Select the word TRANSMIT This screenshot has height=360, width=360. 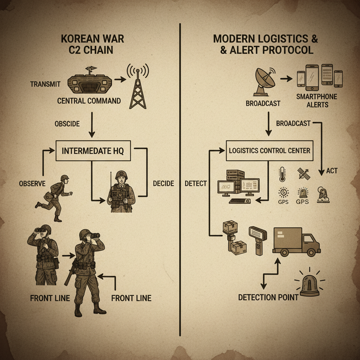point(45,84)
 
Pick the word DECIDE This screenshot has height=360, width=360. point(163,183)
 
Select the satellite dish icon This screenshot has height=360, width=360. point(264,82)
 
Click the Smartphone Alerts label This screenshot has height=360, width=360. point(317,100)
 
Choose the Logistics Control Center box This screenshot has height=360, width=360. point(270,150)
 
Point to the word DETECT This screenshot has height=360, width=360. point(196,183)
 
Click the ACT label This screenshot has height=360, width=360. point(332,171)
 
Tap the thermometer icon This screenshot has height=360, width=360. point(282,174)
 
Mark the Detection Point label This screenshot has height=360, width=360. point(268,297)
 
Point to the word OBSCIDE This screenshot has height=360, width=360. point(67,124)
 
